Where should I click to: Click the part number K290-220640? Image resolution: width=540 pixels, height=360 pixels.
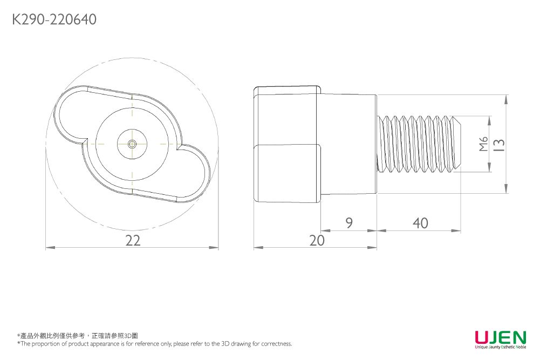coord(54,20)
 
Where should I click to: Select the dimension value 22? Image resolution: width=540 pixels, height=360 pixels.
coord(132,241)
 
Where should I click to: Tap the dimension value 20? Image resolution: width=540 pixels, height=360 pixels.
coord(317,241)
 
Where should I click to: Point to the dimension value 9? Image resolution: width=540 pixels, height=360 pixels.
coord(349,223)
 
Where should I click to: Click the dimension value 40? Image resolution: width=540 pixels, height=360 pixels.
coord(420,223)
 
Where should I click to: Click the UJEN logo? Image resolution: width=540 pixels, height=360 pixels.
coord(500,338)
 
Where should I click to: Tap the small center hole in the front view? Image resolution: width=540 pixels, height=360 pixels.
coord(132,144)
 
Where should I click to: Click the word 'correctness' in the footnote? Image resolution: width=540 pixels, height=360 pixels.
coord(276,344)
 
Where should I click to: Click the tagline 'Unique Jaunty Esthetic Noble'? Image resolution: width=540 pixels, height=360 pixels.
coord(500,347)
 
